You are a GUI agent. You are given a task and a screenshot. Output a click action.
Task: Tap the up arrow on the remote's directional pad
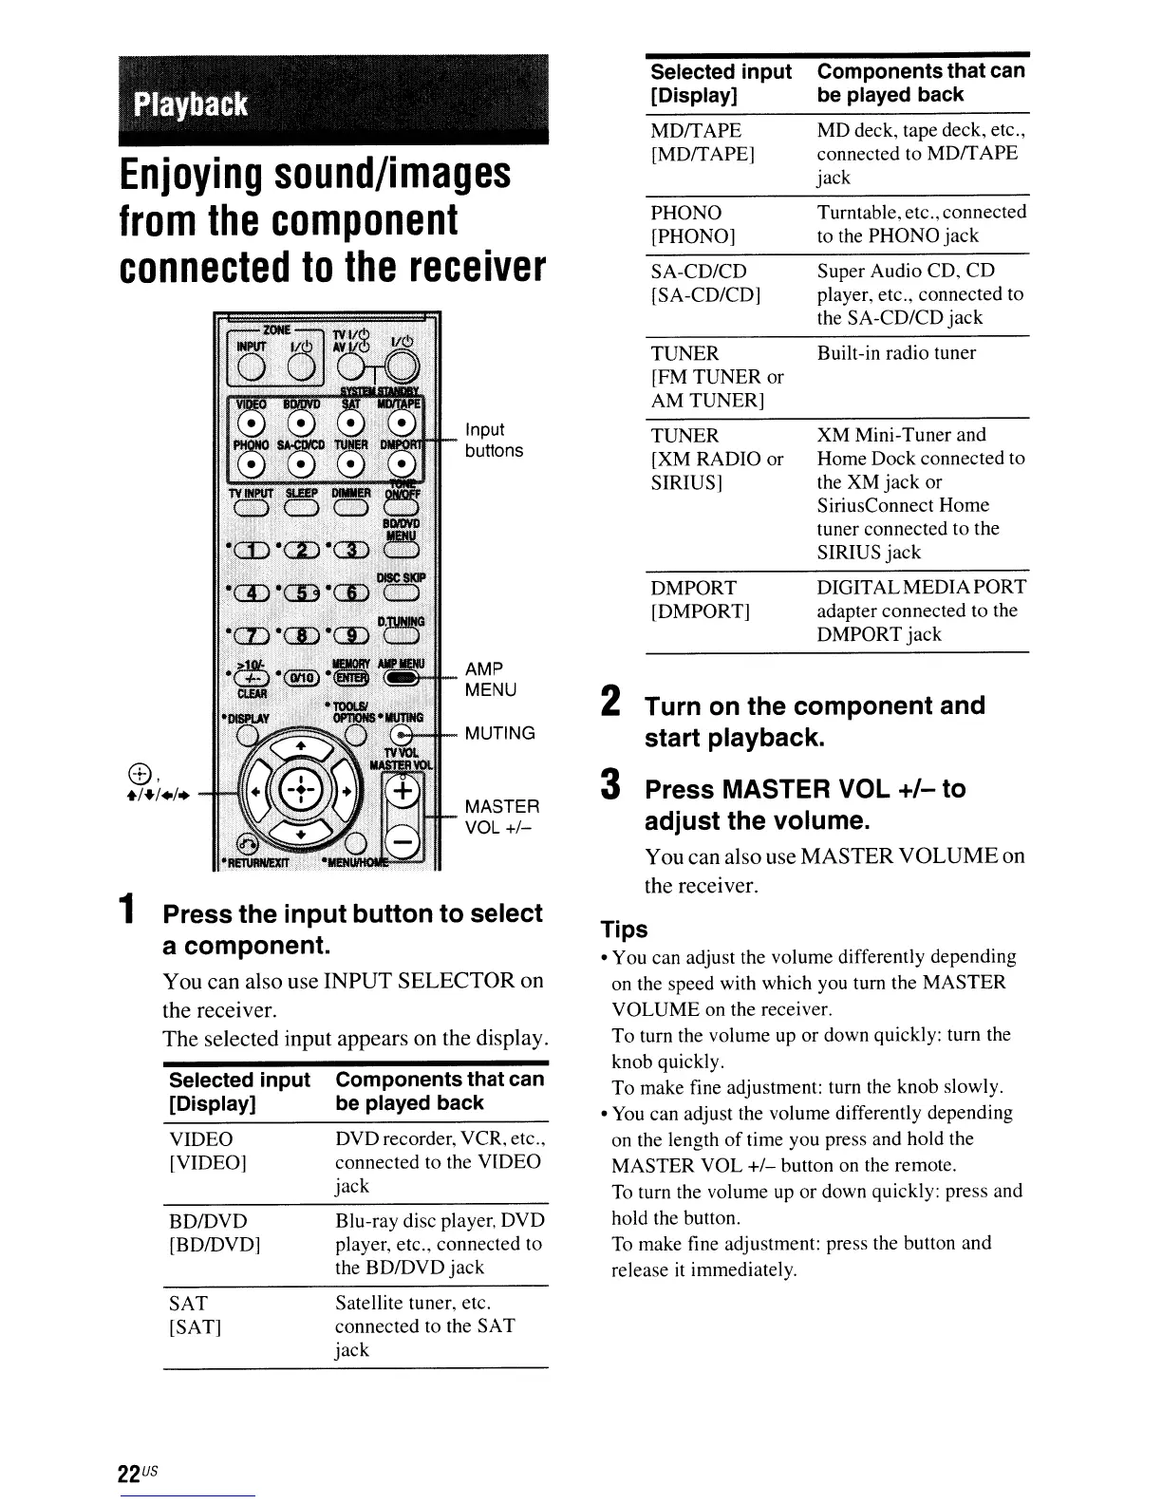point(299,746)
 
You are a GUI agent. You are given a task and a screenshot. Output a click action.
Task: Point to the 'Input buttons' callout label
point(493,441)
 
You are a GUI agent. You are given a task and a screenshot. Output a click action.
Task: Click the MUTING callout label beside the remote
point(499,733)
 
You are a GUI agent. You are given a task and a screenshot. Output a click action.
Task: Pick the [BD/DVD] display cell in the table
point(215,1244)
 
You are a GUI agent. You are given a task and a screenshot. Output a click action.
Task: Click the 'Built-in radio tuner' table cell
point(896,353)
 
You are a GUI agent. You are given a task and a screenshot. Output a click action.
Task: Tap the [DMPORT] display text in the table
point(701,611)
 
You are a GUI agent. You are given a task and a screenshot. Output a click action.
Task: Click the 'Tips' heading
point(625,930)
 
